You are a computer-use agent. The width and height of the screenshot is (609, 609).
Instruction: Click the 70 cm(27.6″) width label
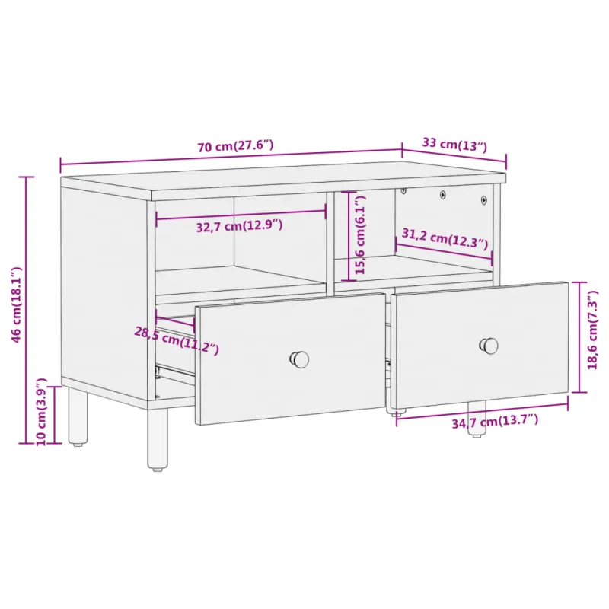[235, 146]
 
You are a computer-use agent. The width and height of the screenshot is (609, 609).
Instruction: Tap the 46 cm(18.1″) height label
[16, 305]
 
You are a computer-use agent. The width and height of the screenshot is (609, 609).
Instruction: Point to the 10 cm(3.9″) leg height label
[42, 411]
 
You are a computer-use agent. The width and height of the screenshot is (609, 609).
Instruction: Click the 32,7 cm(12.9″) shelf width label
[239, 225]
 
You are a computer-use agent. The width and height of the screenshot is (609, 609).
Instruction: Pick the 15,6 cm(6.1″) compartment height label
[360, 235]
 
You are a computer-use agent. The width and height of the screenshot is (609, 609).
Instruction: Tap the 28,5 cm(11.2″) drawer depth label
[177, 340]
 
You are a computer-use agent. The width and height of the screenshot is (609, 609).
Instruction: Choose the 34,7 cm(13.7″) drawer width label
[495, 422]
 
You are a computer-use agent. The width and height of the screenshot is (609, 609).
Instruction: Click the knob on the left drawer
[299, 359]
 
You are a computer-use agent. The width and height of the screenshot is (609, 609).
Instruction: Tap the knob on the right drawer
[489, 346]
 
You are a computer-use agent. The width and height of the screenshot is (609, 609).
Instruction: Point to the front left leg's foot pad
[157, 469]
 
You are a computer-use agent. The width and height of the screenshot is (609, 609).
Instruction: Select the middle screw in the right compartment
[443, 194]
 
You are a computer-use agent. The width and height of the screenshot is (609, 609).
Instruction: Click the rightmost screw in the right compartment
[484, 200]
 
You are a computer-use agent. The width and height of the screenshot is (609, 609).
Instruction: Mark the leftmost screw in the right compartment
[403, 190]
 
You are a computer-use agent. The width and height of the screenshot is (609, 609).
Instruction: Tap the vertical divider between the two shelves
[330, 243]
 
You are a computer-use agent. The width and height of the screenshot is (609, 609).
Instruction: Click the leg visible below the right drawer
[477, 419]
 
